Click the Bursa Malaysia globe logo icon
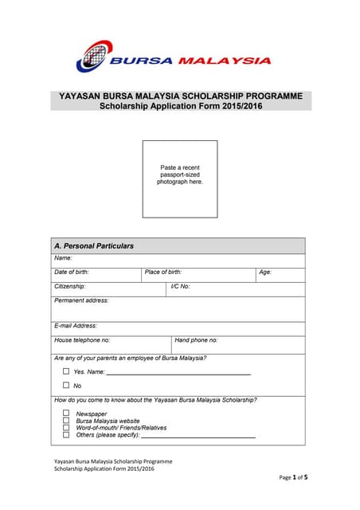coord(92,57)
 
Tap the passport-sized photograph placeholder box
coord(180,178)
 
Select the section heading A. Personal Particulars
coord(94,246)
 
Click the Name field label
coord(63,258)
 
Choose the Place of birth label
coord(163,273)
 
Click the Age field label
coord(265,273)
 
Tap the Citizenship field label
coord(70,286)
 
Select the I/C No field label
coord(181,286)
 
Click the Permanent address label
coord(81,300)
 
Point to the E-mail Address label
coord(76,326)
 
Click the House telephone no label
coord(82,340)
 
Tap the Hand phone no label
coord(196,340)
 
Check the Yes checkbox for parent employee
coord(66,371)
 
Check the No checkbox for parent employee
coord(66,386)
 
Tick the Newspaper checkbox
coord(66,414)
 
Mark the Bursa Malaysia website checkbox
coord(66,421)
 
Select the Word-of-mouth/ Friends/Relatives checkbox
coord(66,428)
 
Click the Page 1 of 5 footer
coord(293,477)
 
